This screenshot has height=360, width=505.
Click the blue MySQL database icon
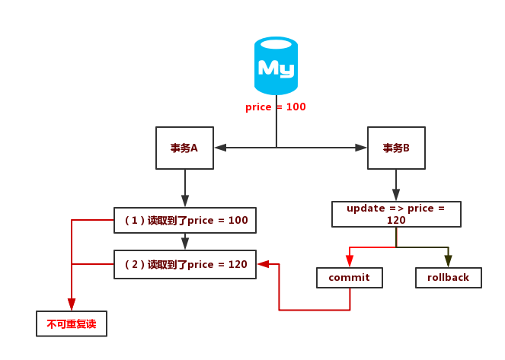(x=276, y=67)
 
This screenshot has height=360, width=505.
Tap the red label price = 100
(x=276, y=107)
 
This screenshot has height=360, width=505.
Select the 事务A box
(x=184, y=148)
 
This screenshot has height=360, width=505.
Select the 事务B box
(x=396, y=148)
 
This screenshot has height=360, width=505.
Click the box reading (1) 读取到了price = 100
(x=185, y=220)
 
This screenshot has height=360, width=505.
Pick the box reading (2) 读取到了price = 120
(x=185, y=264)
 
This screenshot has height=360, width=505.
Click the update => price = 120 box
(x=396, y=214)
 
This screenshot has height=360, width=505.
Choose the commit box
(x=349, y=278)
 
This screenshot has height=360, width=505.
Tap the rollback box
(x=449, y=278)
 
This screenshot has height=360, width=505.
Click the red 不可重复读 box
(x=72, y=323)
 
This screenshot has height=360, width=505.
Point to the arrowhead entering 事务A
(x=219, y=148)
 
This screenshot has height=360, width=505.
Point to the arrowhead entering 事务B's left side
(x=362, y=148)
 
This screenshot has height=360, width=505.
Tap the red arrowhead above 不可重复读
(x=72, y=305)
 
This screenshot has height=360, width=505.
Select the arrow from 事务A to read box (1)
(x=185, y=187)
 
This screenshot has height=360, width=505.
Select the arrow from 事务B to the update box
(x=396, y=184)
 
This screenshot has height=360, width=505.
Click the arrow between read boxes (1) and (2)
(x=185, y=241)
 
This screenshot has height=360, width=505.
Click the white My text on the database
(x=276, y=68)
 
